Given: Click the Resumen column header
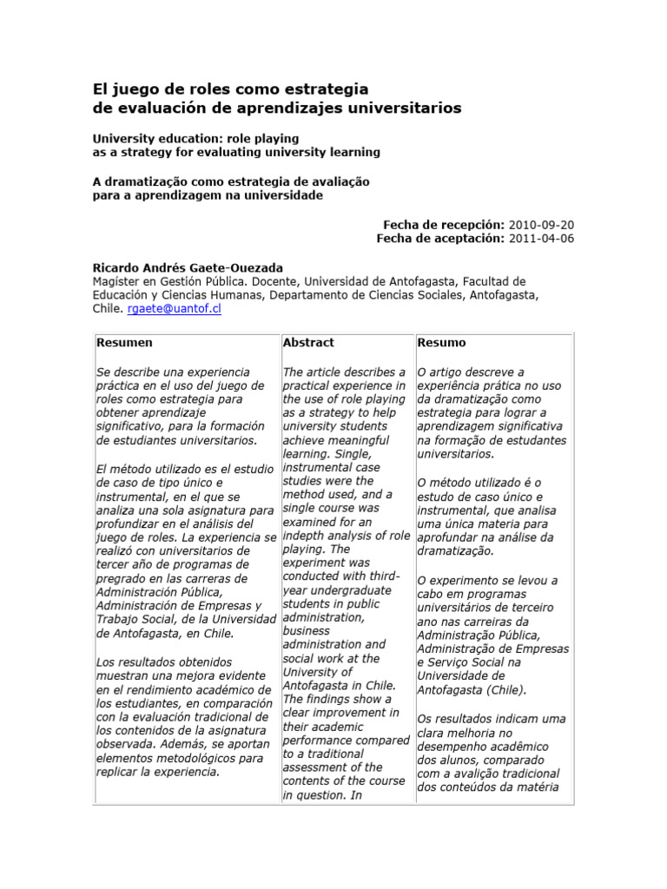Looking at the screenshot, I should [124, 343].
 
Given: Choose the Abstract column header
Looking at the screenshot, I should [308, 343].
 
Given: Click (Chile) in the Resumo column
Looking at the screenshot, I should [497, 690].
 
